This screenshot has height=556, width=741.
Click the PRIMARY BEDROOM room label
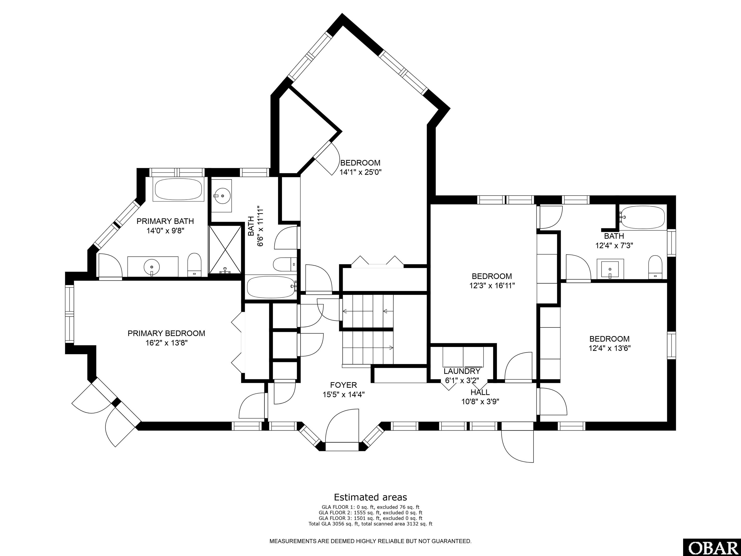[x=166, y=334]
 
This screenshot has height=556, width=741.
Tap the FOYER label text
[x=343, y=385]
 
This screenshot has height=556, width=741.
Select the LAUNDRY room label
[x=462, y=371]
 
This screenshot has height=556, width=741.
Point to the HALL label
[x=480, y=392]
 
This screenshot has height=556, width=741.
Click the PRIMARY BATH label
[x=165, y=221]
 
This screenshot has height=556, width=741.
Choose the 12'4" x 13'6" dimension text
[x=610, y=348]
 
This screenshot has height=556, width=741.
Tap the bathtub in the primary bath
[x=178, y=189]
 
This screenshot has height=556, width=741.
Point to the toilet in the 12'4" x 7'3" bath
[x=655, y=267]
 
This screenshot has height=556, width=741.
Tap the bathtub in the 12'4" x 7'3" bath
[x=643, y=217]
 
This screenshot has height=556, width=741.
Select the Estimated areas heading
[x=370, y=497]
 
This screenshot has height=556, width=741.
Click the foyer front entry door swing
[x=342, y=426]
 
